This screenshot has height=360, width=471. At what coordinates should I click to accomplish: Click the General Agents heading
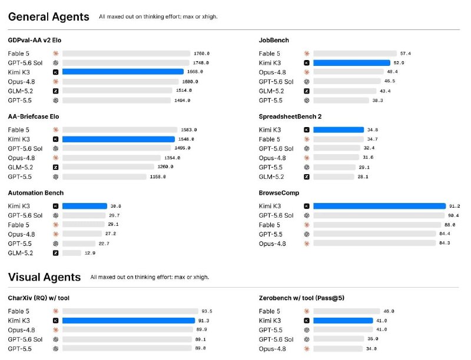pos(48,17)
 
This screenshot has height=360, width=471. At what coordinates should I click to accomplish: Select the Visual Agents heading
pos(44,277)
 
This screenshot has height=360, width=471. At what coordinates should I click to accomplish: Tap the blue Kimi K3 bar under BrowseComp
pos(379,206)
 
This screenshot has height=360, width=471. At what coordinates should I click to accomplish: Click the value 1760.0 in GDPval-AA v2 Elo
pos(201,54)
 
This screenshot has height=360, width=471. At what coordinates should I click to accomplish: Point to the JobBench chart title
pos(274,40)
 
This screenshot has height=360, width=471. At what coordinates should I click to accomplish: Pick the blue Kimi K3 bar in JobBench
pos(351,63)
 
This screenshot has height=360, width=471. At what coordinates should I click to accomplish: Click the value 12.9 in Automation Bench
pos(90,253)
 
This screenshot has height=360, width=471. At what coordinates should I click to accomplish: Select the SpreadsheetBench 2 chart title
pos(290,116)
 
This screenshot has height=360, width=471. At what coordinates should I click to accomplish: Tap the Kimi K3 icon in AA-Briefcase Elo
pos(55,139)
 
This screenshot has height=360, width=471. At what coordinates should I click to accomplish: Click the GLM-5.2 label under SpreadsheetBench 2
pos(271,176)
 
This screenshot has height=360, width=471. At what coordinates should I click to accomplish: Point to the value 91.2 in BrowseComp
pos(455,206)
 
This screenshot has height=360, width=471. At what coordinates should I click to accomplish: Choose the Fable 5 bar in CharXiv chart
pos(130,311)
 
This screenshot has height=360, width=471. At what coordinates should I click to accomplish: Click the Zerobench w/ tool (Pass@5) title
pos(301,298)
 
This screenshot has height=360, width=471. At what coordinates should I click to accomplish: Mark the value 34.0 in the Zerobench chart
pos(372,349)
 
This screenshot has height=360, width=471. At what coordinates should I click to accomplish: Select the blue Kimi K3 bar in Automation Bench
pos(85,206)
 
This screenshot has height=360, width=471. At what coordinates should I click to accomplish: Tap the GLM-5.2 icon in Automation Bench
pos(55,253)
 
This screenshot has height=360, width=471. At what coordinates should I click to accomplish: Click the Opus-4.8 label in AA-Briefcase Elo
pos(21,158)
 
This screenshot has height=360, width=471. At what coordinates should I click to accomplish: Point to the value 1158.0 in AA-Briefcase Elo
pos(158,176)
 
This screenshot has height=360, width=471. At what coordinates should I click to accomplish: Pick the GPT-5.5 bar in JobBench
pos(341,100)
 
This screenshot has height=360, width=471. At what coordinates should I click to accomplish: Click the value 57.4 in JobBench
pos(406,54)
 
